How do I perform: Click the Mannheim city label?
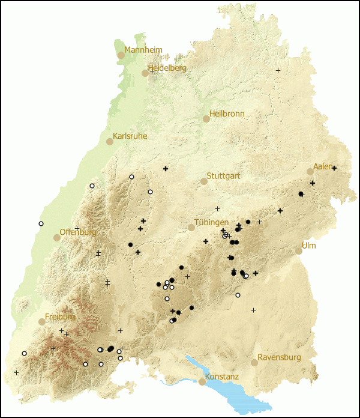pos(143,49)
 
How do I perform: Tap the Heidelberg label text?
pos(168,68)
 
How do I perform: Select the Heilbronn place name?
pos(227,114)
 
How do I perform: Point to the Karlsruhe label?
pos(130,136)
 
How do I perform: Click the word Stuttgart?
pos(224,176)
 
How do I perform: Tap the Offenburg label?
pos(78,232)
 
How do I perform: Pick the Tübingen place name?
pos(211,222)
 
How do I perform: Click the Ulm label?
pos(309,246)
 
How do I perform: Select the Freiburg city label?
pos(61,317)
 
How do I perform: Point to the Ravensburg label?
pos(279,357)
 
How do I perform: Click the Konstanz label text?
pos(222,377)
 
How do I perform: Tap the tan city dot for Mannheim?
pos(121,55)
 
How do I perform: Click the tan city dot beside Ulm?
pos(299,251)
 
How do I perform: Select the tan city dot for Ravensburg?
pos(254,363)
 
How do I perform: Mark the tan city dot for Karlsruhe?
pos(110,142)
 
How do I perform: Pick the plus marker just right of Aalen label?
pos(334,168)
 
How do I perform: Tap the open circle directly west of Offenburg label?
pos(41,223)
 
